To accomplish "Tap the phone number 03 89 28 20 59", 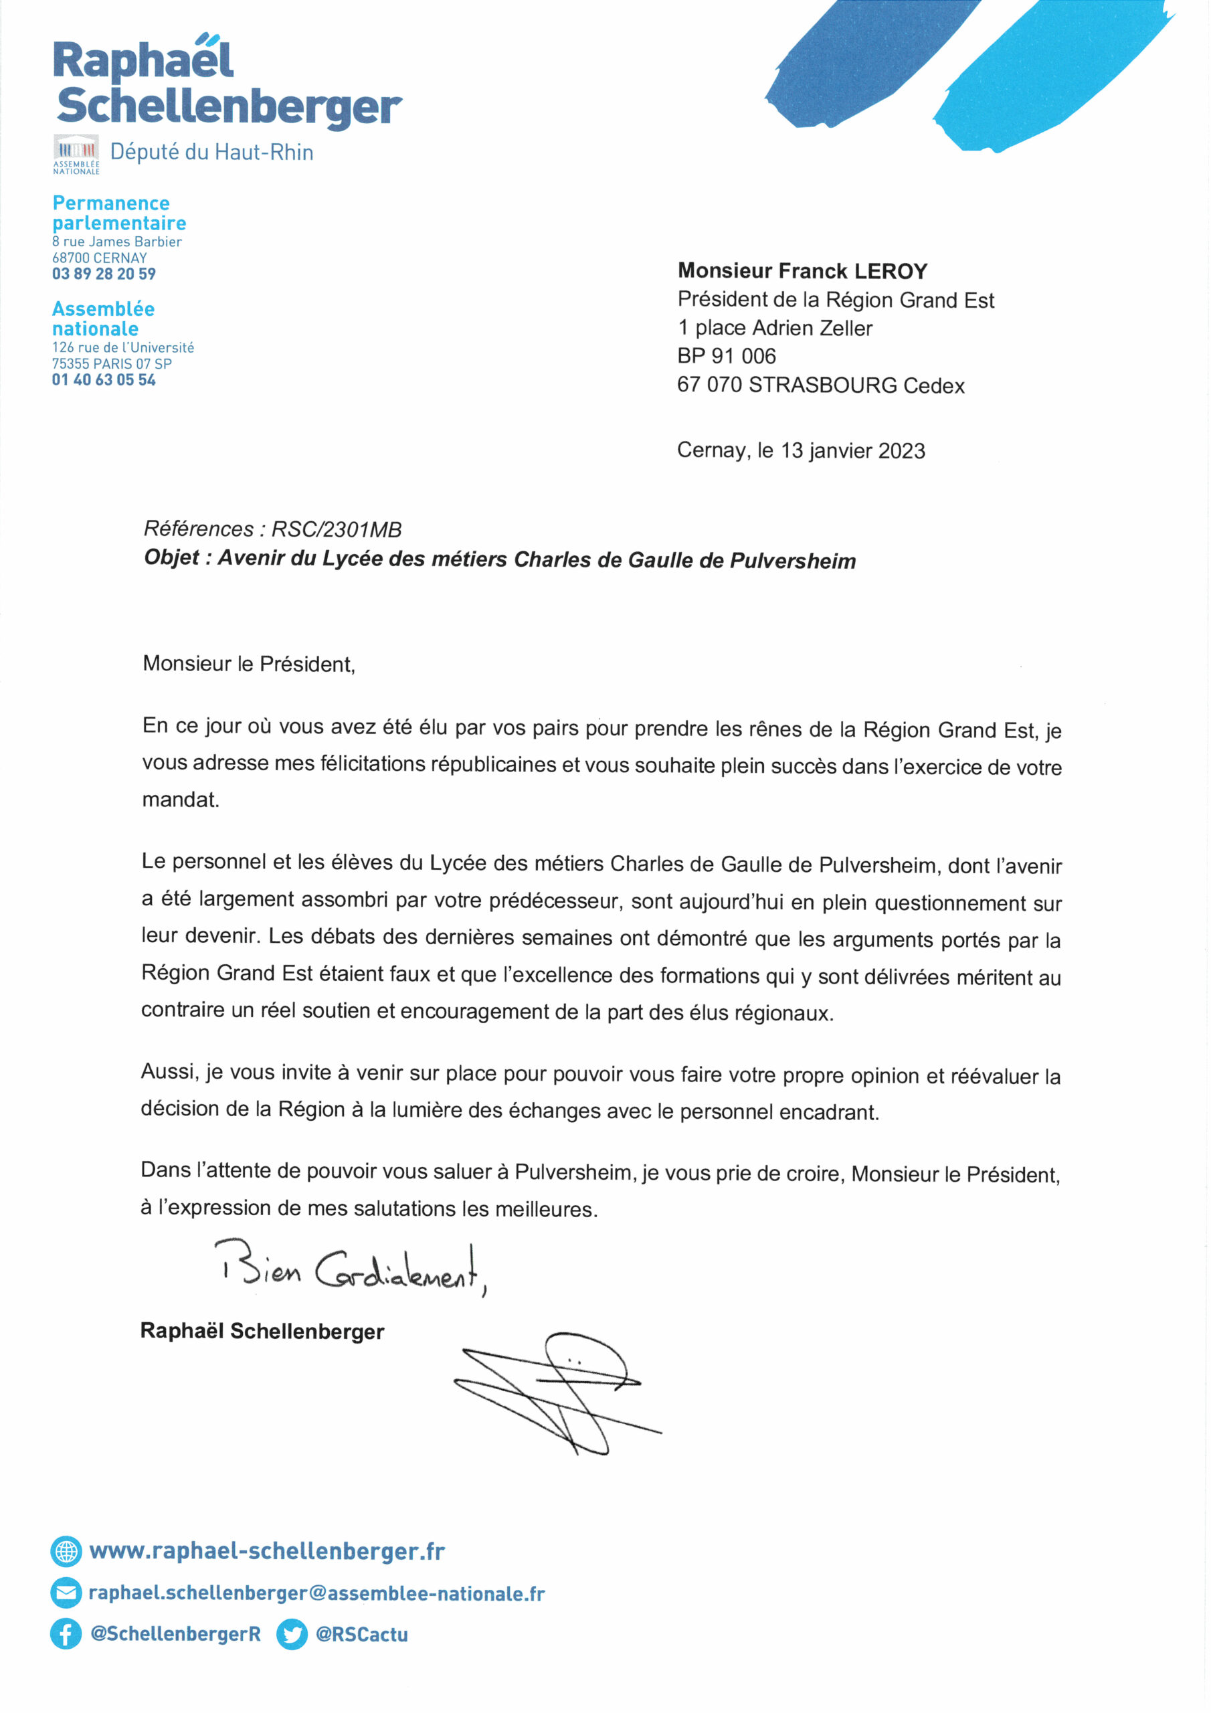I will (104, 274).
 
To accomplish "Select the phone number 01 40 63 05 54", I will (104, 380).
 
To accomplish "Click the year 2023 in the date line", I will (901, 450).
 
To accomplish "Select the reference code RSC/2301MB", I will (337, 530).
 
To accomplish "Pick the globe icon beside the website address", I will (66, 1551).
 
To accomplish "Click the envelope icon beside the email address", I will (66, 1593).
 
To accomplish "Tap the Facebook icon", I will (66, 1634).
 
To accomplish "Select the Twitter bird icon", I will (292, 1634).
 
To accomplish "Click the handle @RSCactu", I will (362, 1634).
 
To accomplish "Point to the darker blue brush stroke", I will (866, 64).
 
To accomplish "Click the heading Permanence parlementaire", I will (118, 213).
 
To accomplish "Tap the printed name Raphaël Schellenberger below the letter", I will (262, 1331).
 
